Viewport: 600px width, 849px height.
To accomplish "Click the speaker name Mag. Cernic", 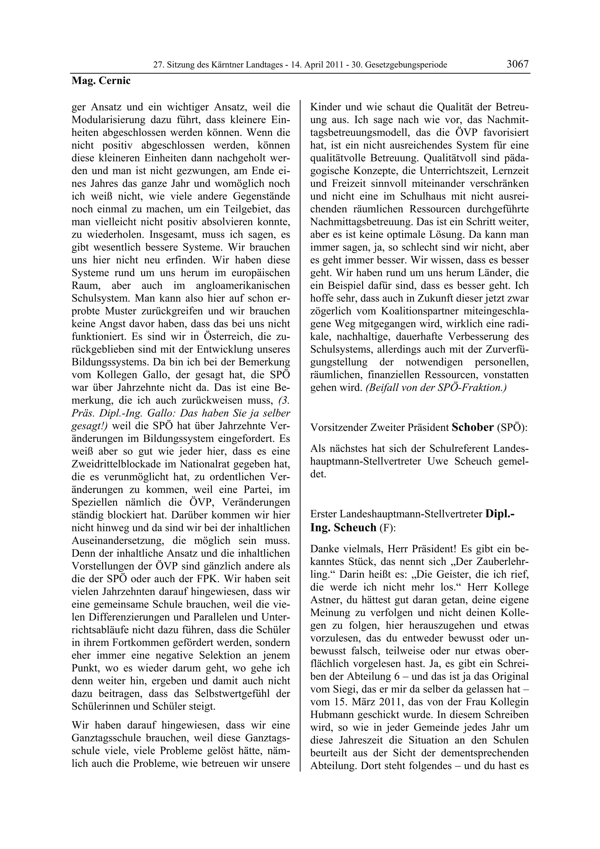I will coord(101,81).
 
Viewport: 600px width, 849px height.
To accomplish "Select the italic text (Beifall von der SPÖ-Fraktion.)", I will coord(436,388).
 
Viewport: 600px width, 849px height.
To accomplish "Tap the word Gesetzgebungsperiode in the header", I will coord(406,65).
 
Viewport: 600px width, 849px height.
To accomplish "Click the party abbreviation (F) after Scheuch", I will coord(387,528).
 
